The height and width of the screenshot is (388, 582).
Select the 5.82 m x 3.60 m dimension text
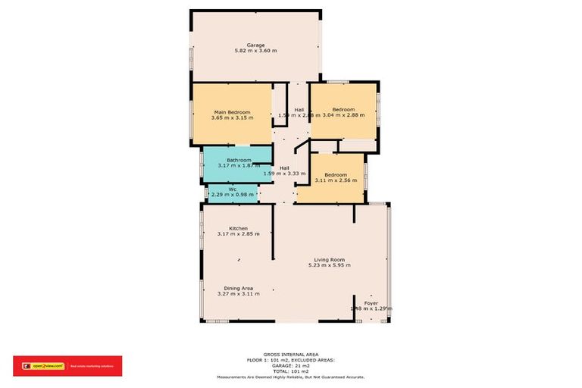pyautogui.click(x=255, y=52)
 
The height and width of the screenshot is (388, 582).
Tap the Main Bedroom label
pyautogui.click(x=233, y=112)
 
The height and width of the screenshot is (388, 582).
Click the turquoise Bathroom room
pyautogui.click(x=237, y=163)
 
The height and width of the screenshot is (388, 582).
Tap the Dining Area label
pyautogui.click(x=238, y=288)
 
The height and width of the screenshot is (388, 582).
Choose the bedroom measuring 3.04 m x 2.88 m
pyautogui.click(x=343, y=112)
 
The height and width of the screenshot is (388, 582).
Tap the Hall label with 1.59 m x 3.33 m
pyautogui.click(x=284, y=168)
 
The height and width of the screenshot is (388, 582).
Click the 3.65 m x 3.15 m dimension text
pyautogui.click(x=233, y=118)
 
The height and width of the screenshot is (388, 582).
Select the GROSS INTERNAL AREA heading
pyautogui.click(x=291, y=354)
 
